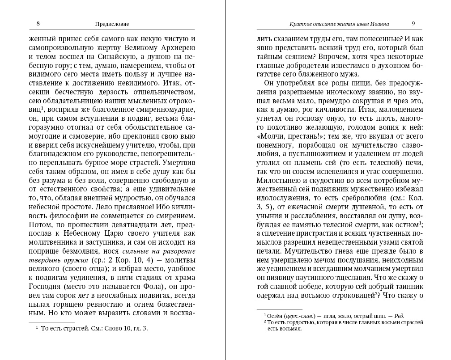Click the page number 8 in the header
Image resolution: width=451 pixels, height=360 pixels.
coord(38,24)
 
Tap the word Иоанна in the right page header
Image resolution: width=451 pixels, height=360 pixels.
coord(379,24)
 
